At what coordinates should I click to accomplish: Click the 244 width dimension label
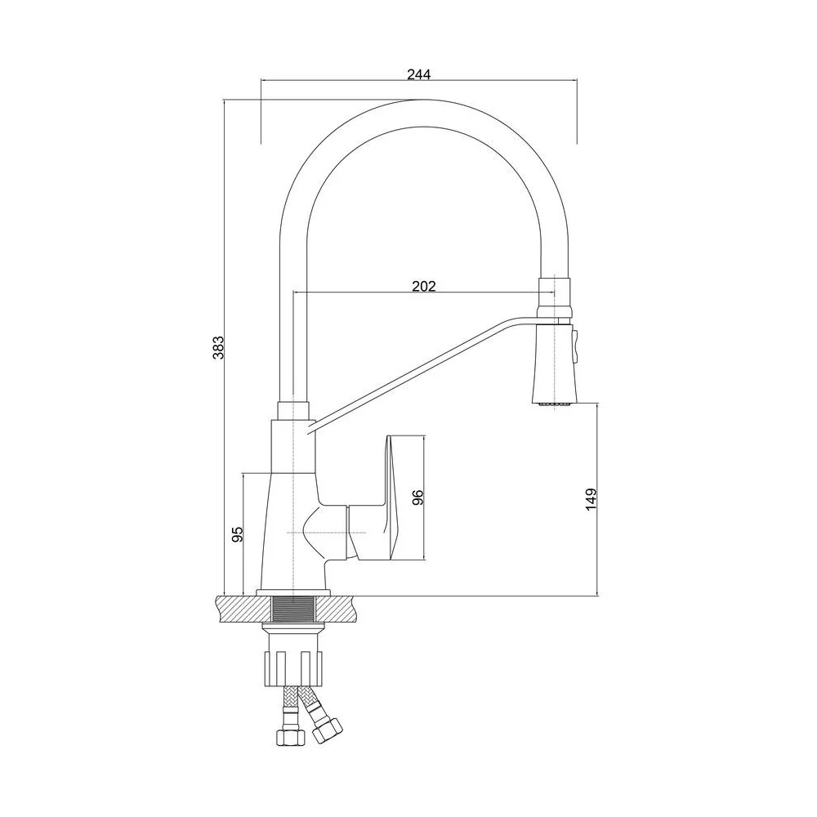419,74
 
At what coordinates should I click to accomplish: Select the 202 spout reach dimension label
423,286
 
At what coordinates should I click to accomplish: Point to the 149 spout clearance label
591,500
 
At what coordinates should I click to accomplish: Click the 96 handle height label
417,498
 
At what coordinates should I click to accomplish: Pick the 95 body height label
237,534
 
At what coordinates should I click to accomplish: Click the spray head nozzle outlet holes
553,404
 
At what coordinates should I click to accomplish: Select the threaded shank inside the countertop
294,609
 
